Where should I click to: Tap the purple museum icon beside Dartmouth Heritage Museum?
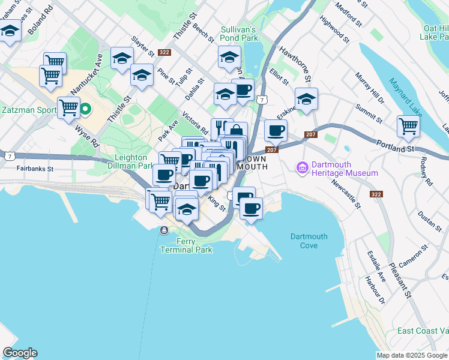pos(302,169)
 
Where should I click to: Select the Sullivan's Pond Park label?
pos(238,33)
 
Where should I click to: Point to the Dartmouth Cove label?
pos(309,241)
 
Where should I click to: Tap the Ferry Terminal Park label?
pos(186,245)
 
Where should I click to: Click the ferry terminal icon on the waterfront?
pos(164,230)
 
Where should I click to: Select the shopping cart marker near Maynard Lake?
pos(408,127)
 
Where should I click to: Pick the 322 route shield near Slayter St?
pos(164,53)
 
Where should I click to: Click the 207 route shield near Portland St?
pos(310,134)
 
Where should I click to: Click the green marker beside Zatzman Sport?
pos(85,109)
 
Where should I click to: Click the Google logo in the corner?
pos(20,353)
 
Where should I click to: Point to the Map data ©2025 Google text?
pos(412,355)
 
